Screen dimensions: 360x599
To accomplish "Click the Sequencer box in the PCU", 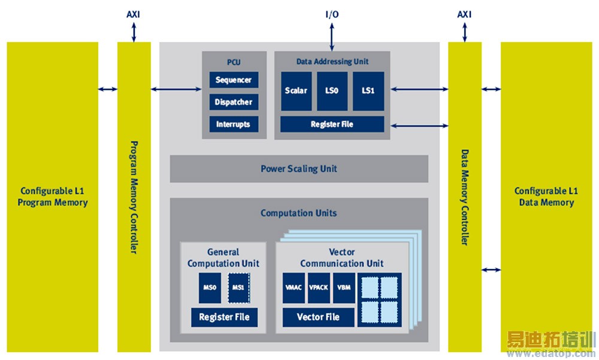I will (234, 80).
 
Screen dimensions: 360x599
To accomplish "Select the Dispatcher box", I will (234, 102).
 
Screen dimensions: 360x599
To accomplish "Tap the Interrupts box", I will (234, 124).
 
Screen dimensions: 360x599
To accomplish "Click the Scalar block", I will (296, 91).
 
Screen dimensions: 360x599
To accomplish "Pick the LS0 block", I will (332, 91).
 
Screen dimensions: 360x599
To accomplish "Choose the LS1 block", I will (368, 91).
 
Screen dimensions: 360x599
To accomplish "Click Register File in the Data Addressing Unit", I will (332, 124).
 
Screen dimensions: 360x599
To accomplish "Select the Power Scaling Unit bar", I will (299, 168).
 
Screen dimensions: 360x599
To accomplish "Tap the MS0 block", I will (210, 288).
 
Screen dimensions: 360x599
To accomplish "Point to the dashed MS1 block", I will (238, 288).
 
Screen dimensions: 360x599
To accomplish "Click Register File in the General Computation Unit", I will (224, 317).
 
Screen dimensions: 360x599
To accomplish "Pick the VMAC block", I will (294, 288).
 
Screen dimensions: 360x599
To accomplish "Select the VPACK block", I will (319, 288).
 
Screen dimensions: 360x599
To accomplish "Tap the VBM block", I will (344, 288).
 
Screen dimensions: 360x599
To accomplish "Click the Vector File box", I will (318, 317).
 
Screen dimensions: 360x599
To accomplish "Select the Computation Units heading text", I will (299, 213).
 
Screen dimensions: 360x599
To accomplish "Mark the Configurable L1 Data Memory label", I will (546, 196).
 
